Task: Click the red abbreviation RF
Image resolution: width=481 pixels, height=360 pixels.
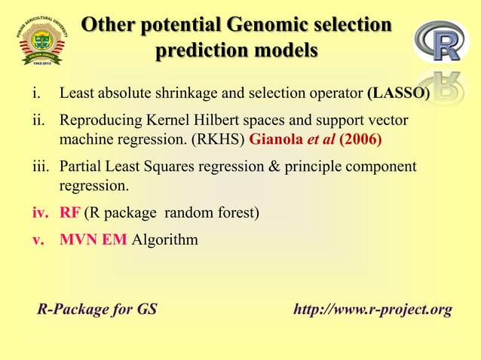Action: pyautogui.click(x=70, y=214)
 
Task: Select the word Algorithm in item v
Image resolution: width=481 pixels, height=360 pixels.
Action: pyautogui.click(x=165, y=240)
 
